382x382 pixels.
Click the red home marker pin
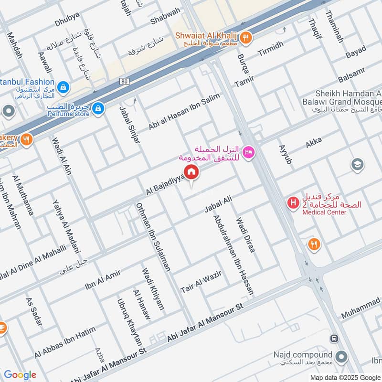[191, 171]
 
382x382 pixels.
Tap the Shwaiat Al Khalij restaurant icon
[246, 38]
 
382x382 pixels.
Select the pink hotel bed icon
[249, 152]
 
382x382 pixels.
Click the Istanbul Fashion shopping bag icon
[63, 87]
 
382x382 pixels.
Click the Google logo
[20, 375]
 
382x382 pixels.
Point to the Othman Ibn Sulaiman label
[153, 237]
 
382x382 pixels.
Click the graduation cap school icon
[357, 165]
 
